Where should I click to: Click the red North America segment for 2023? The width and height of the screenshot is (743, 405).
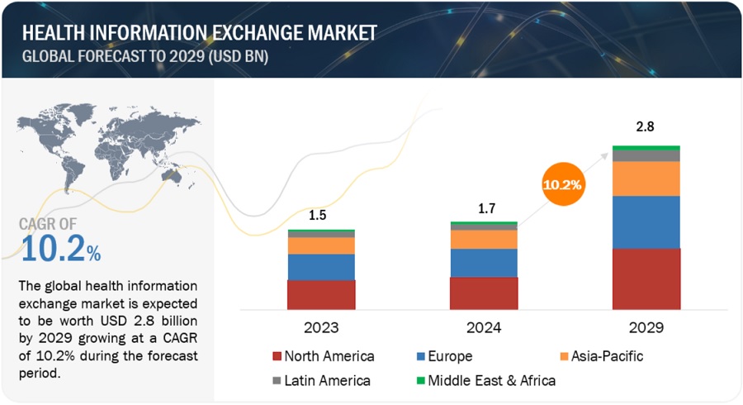[321, 294]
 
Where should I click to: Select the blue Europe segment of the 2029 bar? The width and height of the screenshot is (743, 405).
[646, 222]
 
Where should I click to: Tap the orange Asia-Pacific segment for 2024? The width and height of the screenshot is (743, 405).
[484, 239]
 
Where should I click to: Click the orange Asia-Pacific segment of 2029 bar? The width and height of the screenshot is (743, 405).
[646, 179]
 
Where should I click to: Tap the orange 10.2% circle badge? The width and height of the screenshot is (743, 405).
[563, 184]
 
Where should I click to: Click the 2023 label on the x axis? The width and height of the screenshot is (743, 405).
[321, 326]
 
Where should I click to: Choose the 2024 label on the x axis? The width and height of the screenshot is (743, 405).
[484, 326]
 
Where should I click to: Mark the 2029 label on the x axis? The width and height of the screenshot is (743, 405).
[646, 326]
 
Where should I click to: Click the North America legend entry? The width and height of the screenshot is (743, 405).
[323, 357]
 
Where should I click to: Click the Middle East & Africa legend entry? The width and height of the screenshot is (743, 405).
[490, 381]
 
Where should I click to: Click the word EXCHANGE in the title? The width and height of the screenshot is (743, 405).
[245, 33]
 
